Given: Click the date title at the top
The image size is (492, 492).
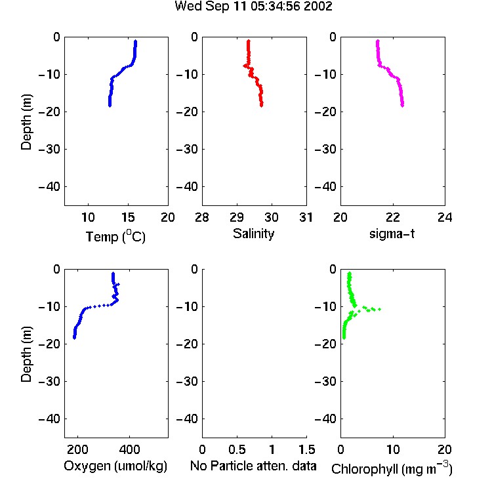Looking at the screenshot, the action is tap(253, 7).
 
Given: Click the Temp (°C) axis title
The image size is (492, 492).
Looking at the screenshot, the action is tap(115, 236).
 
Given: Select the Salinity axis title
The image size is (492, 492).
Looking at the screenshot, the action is tap(253, 234).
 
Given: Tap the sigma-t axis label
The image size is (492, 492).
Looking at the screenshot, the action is tap(392, 234).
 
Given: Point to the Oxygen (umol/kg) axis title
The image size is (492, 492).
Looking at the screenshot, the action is tap(115, 466).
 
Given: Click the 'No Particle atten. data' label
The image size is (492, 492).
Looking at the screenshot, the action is tap(253, 466).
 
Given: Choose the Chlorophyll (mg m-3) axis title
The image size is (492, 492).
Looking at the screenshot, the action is tap(392, 468).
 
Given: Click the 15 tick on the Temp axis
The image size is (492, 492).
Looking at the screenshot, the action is tap(128, 217).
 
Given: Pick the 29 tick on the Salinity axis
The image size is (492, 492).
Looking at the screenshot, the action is tap(237, 217).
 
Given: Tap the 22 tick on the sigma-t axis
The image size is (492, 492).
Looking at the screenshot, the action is tap(392, 217).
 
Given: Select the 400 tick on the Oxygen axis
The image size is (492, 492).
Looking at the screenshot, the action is tap(129, 449).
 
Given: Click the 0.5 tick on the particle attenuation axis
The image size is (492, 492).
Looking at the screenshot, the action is tap(237, 449).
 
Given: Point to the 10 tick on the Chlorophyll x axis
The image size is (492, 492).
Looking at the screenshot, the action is tap(393, 449).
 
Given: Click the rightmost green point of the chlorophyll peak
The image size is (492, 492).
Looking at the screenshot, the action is tap(380, 310).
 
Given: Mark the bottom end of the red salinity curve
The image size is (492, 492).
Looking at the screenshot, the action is tap(261, 106).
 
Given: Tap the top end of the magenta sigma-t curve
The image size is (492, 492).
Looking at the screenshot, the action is tap(378, 41).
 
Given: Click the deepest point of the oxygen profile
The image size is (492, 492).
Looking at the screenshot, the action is tap(74, 338).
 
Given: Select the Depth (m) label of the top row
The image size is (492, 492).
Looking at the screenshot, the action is tap(26, 122).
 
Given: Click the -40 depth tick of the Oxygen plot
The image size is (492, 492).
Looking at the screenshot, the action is tap(49, 419).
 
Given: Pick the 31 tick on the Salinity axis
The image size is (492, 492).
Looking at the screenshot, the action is tap(306, 217).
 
